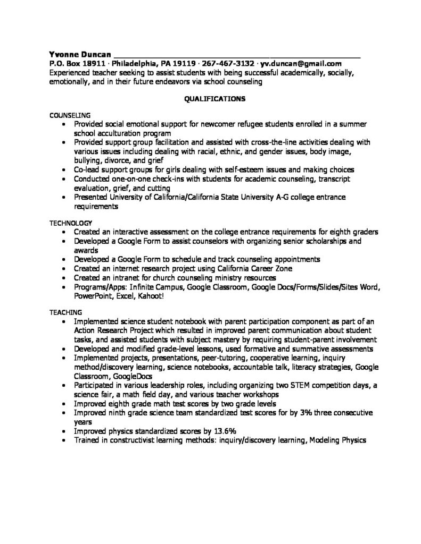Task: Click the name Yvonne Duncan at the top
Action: click(x=80, y=54)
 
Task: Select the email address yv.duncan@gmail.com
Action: click(x=301, y=63)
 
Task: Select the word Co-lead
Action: click(x=87, y=169)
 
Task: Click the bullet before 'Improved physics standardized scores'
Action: click(x=64, y=431)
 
